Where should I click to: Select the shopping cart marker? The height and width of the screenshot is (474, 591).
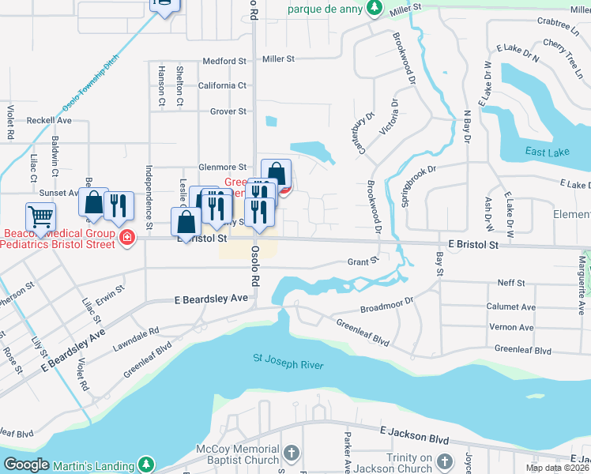tap(40, 216)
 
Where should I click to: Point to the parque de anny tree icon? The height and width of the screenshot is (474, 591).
tap(377, 9)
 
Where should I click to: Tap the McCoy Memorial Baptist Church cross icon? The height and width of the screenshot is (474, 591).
tap(292, 453)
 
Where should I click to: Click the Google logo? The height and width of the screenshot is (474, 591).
tap(27, 465)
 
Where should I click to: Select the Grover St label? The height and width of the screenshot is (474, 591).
tap(228, 111)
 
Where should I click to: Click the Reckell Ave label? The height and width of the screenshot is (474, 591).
tap(49, 121)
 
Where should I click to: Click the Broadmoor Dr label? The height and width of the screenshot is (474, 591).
tap(386, 305)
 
